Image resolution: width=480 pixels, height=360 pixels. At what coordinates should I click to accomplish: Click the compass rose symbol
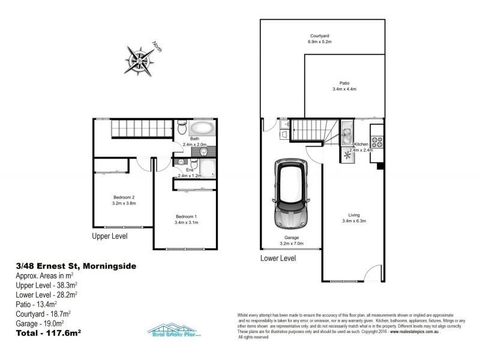(139, 58)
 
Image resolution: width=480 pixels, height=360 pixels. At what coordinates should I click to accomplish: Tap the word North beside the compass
(157, 46)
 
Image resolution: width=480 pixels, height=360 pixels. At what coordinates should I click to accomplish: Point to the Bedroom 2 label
(124, 197)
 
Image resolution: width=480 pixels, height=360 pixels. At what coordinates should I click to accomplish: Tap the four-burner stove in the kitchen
(377, 143)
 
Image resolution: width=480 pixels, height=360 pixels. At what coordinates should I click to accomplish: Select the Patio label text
(344, 83)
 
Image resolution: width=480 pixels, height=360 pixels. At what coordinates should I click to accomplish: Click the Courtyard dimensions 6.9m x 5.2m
(320, 43)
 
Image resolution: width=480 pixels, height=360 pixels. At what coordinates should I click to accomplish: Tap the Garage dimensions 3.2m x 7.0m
(290, 244)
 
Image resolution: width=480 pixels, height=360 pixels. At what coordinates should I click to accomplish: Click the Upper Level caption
(110, 236)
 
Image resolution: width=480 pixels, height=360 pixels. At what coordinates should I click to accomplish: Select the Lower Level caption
(278, 258)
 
